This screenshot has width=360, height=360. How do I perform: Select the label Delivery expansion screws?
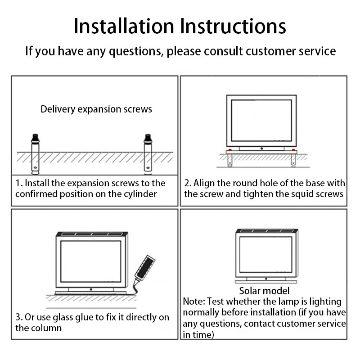pos(96,109)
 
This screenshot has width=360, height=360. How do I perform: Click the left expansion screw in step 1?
pos(35,154)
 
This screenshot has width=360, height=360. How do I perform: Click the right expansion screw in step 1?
pos(147,154)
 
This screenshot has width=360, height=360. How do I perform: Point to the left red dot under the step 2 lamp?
pos(230,149)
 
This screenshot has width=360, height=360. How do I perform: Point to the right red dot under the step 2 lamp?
pos(294,149)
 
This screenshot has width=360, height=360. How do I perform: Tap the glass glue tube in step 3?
pos(146,268)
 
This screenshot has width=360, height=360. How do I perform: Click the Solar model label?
pos(264,291)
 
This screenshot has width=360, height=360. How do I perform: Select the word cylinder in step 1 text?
pos(139,194)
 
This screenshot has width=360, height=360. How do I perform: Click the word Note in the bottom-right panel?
pos(193,301)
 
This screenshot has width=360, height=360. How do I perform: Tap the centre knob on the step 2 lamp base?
pos(261,148)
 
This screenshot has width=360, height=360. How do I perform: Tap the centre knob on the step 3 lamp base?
pos(91,289)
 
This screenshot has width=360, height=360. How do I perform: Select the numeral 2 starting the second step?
pos(187,184)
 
